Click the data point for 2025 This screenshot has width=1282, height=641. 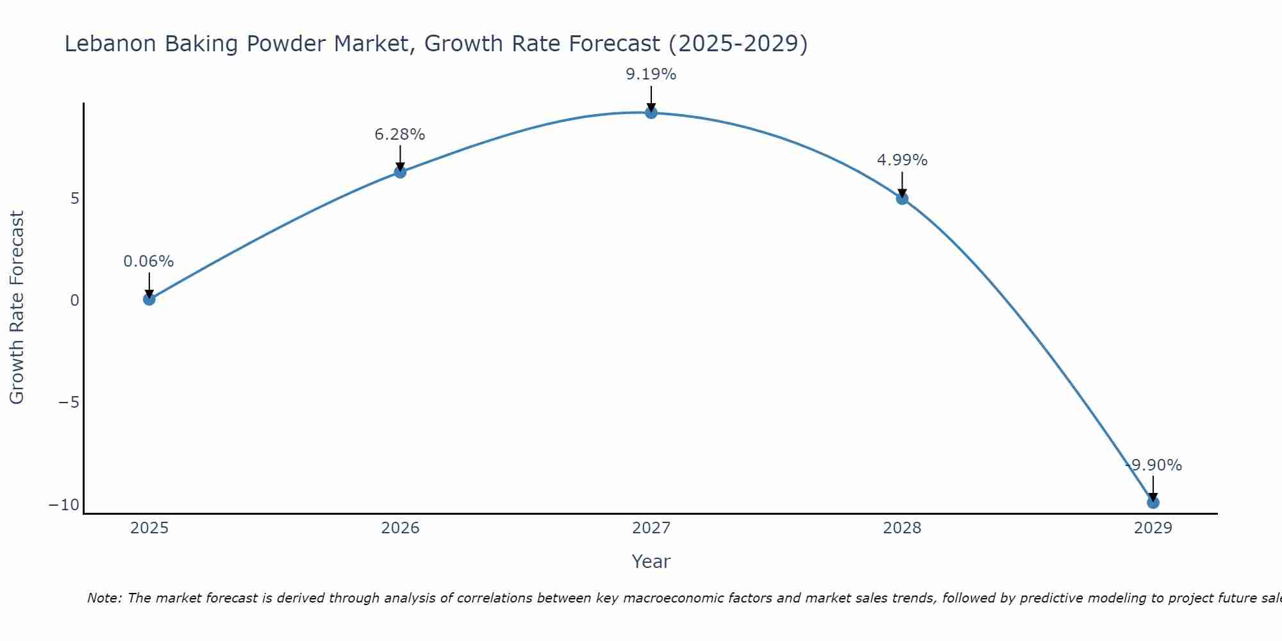pyautogui.click(x=149, y=299)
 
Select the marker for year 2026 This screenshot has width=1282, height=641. pyautogui.click(x=400, y=172)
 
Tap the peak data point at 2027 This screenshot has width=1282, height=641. pyautogui.click(x=651, y=113)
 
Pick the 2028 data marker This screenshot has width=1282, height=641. pyautogui.click(x=902, y=199)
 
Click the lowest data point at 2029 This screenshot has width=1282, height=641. pyautogui.click(x=1153, y=503)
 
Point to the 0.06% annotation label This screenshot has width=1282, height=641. pyautogui.click(x=149, y=262)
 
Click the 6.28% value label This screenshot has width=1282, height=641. pyautogui.click(x=400, y=135)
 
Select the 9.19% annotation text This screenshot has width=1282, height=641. pyautogui.click(x=651, y=74)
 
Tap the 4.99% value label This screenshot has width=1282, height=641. pyautogui.click(x=902, y=160)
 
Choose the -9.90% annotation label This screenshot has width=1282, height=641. pyautogui.click(x=1154, y=465)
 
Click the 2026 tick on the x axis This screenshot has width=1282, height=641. pyautogui.click(x=400, y=528)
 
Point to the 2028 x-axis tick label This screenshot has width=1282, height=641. pyautogui.click(x=902, y=528)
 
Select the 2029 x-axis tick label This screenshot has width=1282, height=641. pyautogui.click(x=1153, y=528)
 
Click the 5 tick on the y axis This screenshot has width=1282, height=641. pyautogui.click(x=75, y=199)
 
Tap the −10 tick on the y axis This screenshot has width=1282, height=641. pyautogui.click(x=64, y=505)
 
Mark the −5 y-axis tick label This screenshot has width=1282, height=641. pyautogui.click(x=69, y=403)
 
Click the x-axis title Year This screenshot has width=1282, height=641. pyautogui.click(x=651, y=562)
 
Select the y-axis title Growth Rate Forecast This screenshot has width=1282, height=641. pyautogui.click(x=17, y=308)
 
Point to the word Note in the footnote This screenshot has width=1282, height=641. pyautogui.click(x=103, y=598)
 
